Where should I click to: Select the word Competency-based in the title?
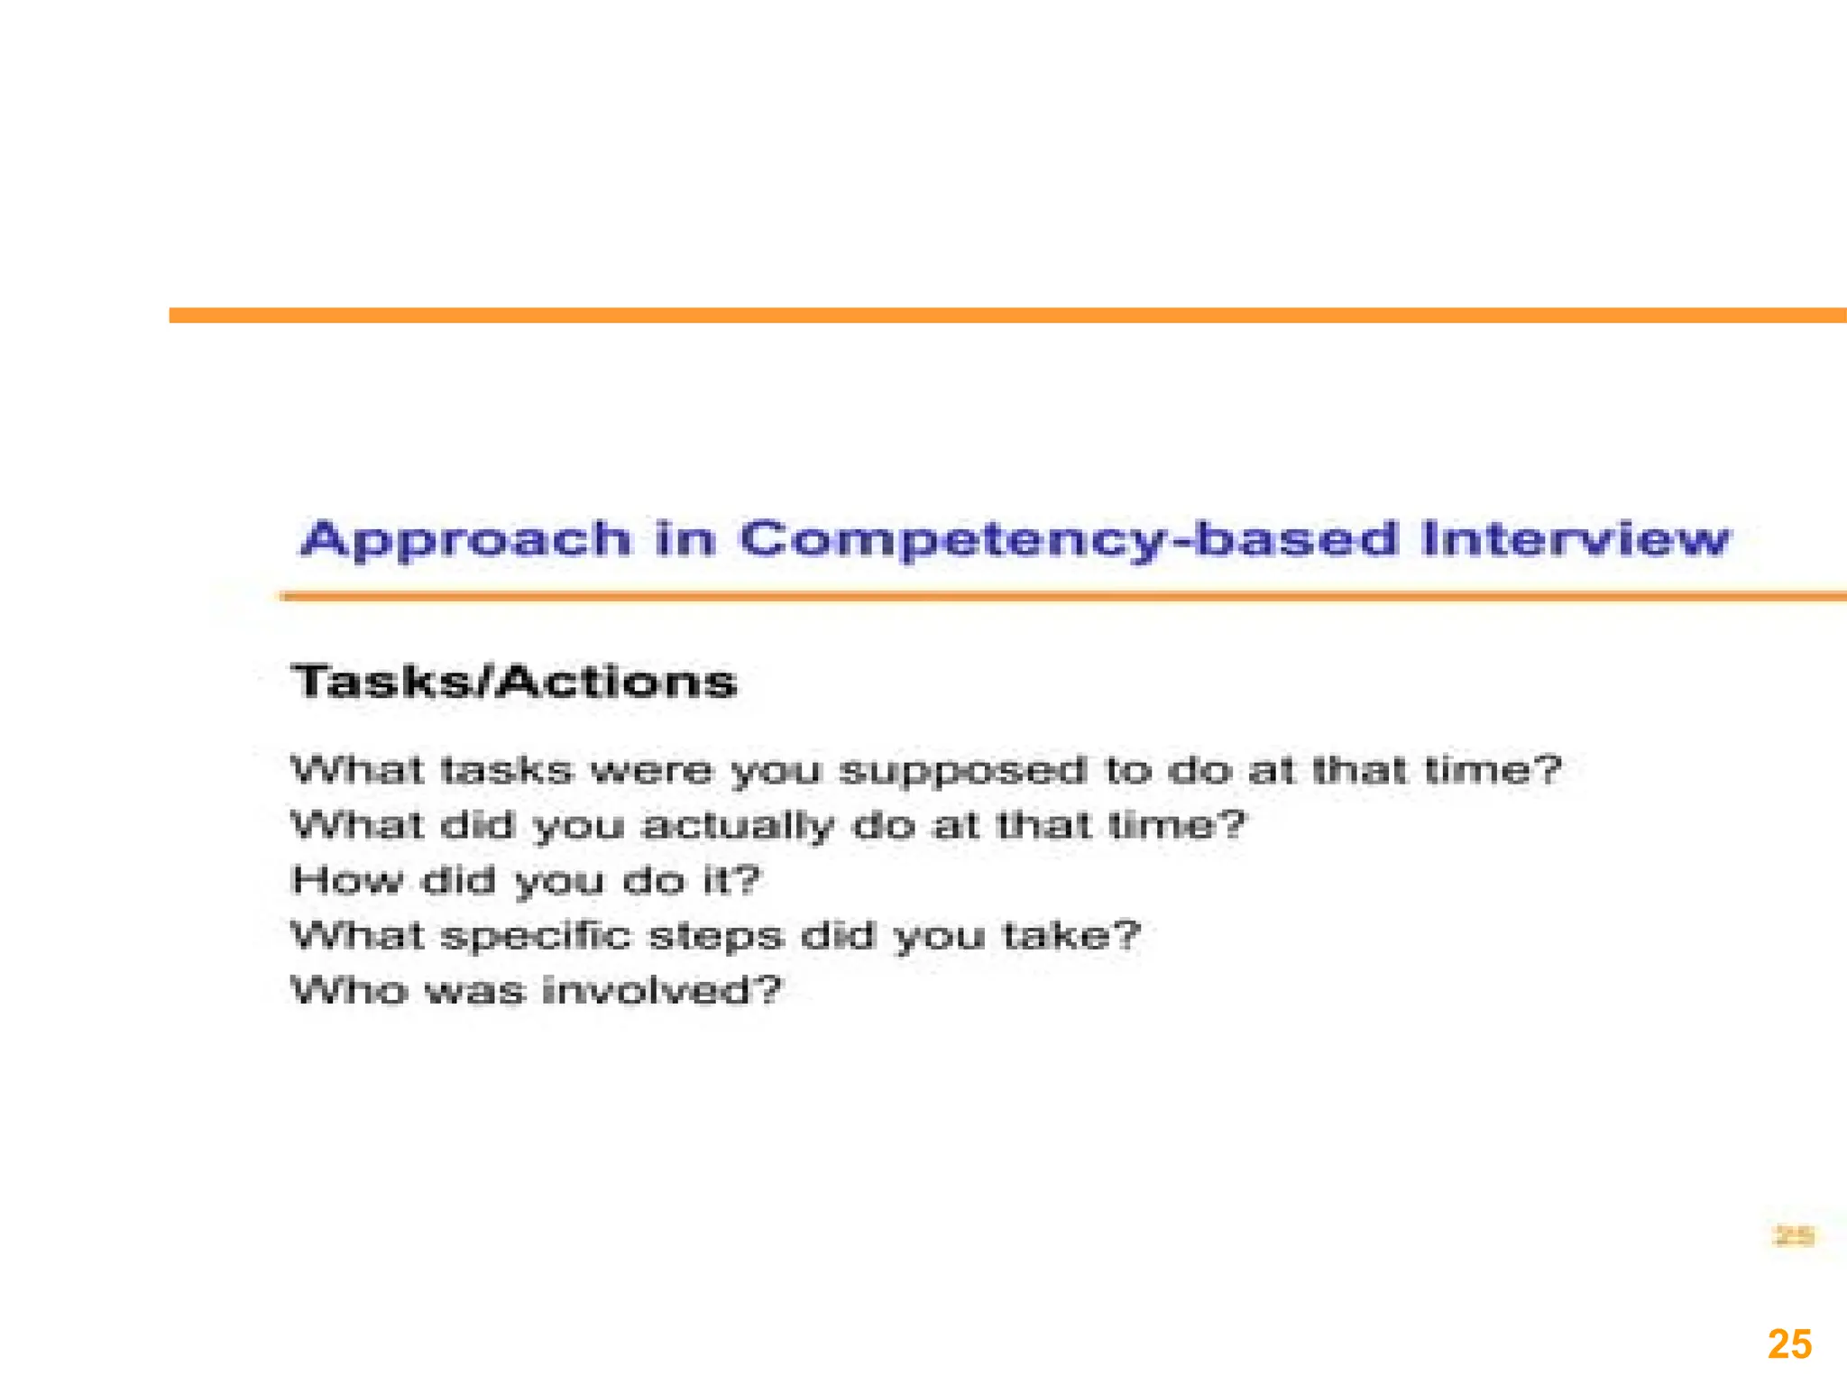1068,541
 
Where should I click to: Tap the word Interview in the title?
1575,539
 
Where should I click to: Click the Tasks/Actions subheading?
514,682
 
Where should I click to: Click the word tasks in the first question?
507,771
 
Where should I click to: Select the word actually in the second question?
738,827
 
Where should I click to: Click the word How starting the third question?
346,880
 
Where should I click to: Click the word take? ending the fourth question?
1071,935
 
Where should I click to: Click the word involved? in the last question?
662,991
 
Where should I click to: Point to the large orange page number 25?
1789,1344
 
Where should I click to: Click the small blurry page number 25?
1793,1236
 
